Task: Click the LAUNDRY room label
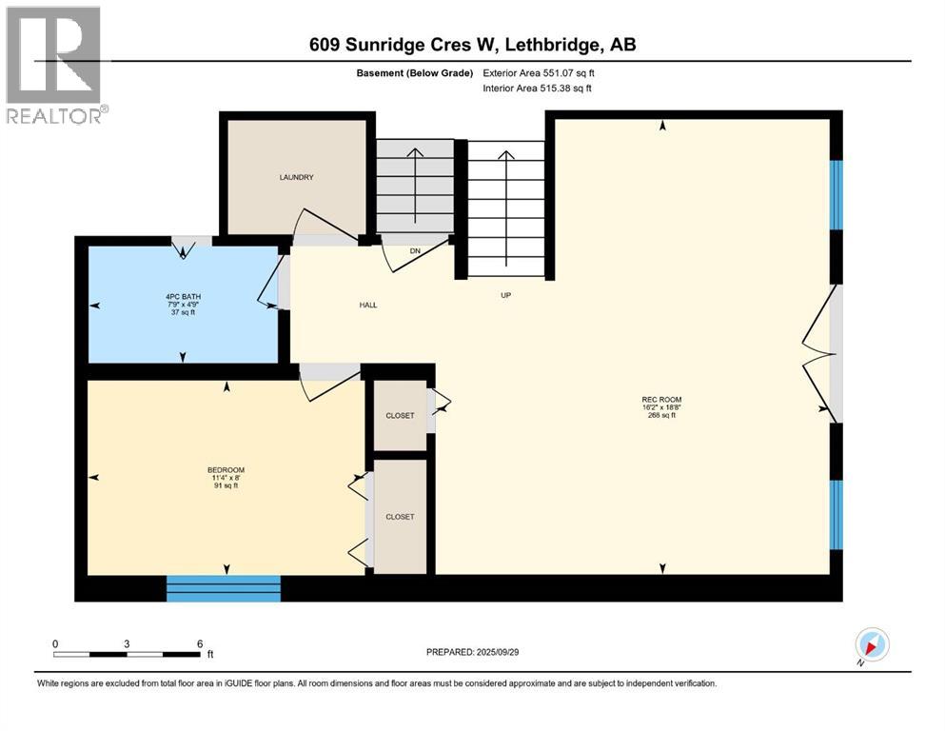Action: click(296, 178)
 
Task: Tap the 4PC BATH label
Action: click(183, 296)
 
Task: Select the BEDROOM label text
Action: click(226, 470)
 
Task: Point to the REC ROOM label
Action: click(661, 400)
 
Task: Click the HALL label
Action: click(368, 306)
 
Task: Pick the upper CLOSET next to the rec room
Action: click(400, 416)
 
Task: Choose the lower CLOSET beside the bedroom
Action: click(400, 517)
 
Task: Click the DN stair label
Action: click(415, 251)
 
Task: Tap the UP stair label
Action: click(506, 295)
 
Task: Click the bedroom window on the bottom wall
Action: click(224, 588)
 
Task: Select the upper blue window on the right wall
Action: click(836, 194)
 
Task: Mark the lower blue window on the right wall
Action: click(836, 515)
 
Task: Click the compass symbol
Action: click(871, 645)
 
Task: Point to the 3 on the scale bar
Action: click(127, 643)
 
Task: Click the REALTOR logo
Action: click(54, 66)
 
